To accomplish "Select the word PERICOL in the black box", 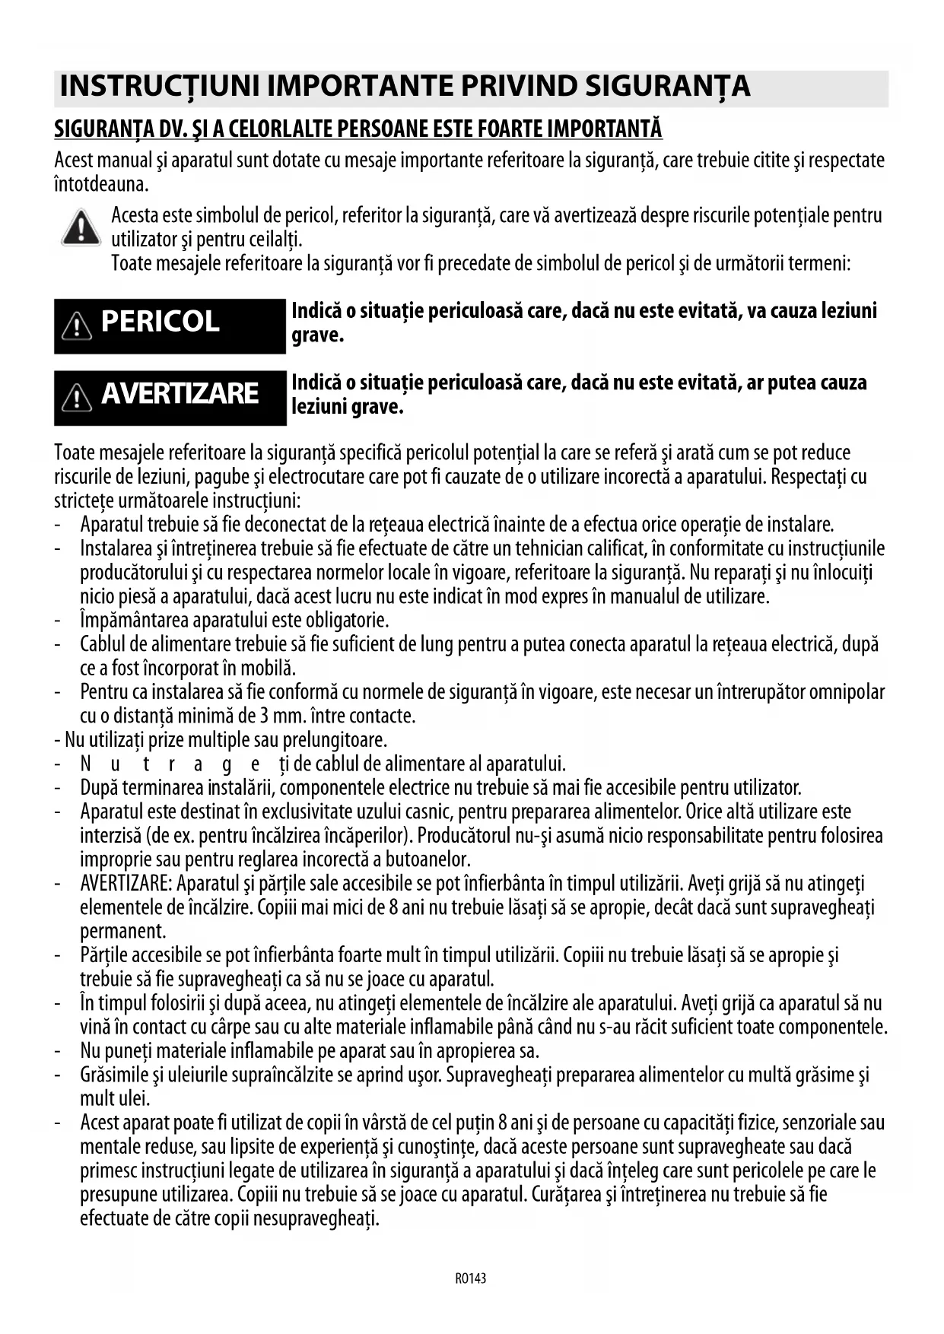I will point(160,322).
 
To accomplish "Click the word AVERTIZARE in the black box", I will point(180,393).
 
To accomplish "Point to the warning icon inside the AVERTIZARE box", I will point(77,396).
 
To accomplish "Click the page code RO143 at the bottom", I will point(470,1278).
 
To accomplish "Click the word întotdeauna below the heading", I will point(100,184).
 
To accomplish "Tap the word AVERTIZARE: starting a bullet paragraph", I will point(126,884).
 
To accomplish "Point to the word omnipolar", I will point(847,692).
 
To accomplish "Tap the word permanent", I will point(122,931).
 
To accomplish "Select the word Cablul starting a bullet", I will point(103,644).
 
